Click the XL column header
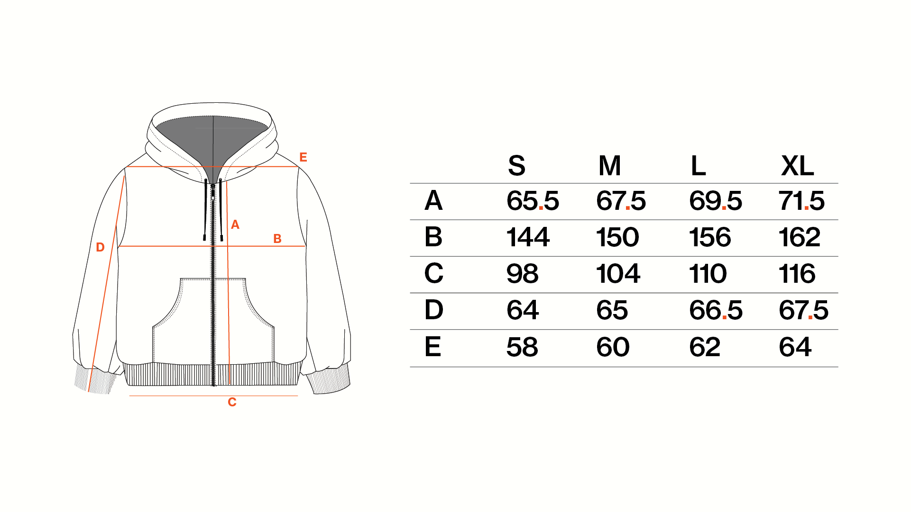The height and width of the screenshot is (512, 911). (x=797, y=166)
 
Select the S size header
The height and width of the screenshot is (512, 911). (x=516, y=166)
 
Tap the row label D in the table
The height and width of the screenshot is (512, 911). (x=433, y=310)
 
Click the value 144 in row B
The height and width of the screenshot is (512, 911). (x=528, y=237)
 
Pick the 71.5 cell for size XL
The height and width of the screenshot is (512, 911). (x=801, y=200)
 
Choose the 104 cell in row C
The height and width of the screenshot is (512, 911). (x=618, y=273)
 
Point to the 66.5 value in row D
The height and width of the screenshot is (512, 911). (x=716, y=310)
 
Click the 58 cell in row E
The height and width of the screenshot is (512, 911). (x=522, y=347)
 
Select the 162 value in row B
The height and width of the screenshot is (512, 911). (x=799, y=237)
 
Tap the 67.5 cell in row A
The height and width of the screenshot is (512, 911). (x=621, y=200)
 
